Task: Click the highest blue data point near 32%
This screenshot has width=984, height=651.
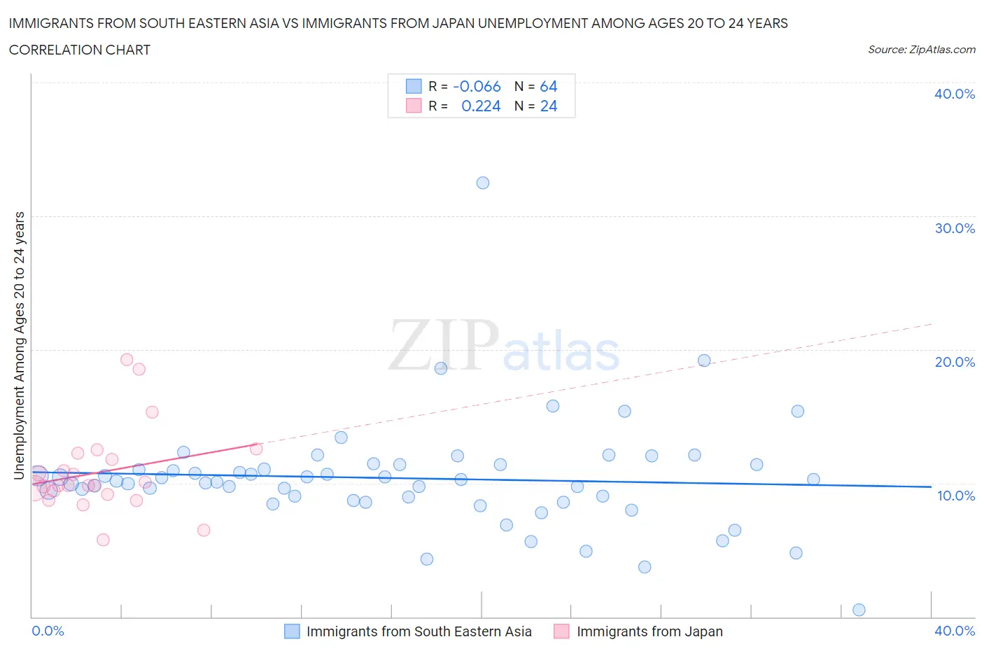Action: pyautogui.click(x=482, y=183)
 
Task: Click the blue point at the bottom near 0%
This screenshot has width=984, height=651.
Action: pyautogui.click(x=859, y=610)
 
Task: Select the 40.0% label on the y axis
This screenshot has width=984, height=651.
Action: pyautogui.click(x=955, y=94)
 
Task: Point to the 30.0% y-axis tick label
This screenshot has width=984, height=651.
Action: pyautogui.click(x=955, y=228)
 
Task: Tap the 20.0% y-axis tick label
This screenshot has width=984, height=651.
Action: pyautogui.click(x=955, y=362)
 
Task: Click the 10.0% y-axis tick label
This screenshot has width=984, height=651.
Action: pyautogui.click(x=955, y=496)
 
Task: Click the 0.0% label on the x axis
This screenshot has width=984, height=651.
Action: pyautogui.click(x=48, y=631)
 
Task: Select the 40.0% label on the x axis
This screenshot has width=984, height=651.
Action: pyautogui.click(x=955, y=631)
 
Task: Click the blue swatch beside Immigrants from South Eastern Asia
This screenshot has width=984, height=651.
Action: pyautogui.click(x=292, y=631)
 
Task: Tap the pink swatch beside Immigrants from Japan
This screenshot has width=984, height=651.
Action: pyautogui.click(x=561, y=631)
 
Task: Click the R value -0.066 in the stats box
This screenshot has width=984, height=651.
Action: pyautogui.click(x=477, y=86)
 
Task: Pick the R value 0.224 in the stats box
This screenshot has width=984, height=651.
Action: pyautogui.click(x=481, y=106)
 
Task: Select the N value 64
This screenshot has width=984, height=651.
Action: pyautogui.click(x=549, y=86)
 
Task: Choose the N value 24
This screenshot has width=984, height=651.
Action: pyautogui.click(x=549, y=106)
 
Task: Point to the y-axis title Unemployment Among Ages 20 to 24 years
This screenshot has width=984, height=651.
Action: pyautogui.click(x=20, y=345)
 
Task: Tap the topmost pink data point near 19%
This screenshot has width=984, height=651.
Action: pyautogui.click(x=127, y=360)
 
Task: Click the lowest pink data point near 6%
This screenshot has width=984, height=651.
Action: pyautogui.click(x=103, y=540)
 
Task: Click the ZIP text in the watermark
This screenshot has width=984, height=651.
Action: pyautogui.click(x=444, y=345)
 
